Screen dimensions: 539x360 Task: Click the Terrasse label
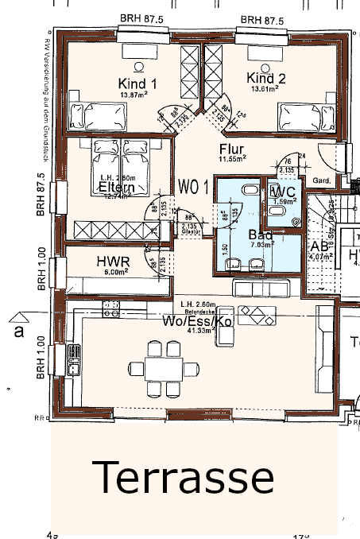(184, 477)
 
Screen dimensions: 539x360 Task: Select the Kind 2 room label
(265, 79)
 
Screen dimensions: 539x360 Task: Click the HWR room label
(113, 262)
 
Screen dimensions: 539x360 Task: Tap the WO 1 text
(194, 188)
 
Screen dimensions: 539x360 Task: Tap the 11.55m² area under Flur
(232, 159)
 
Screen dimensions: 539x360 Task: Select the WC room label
(284, 193)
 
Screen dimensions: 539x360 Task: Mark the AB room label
(320, 246)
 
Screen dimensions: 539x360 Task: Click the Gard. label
(322, 180)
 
